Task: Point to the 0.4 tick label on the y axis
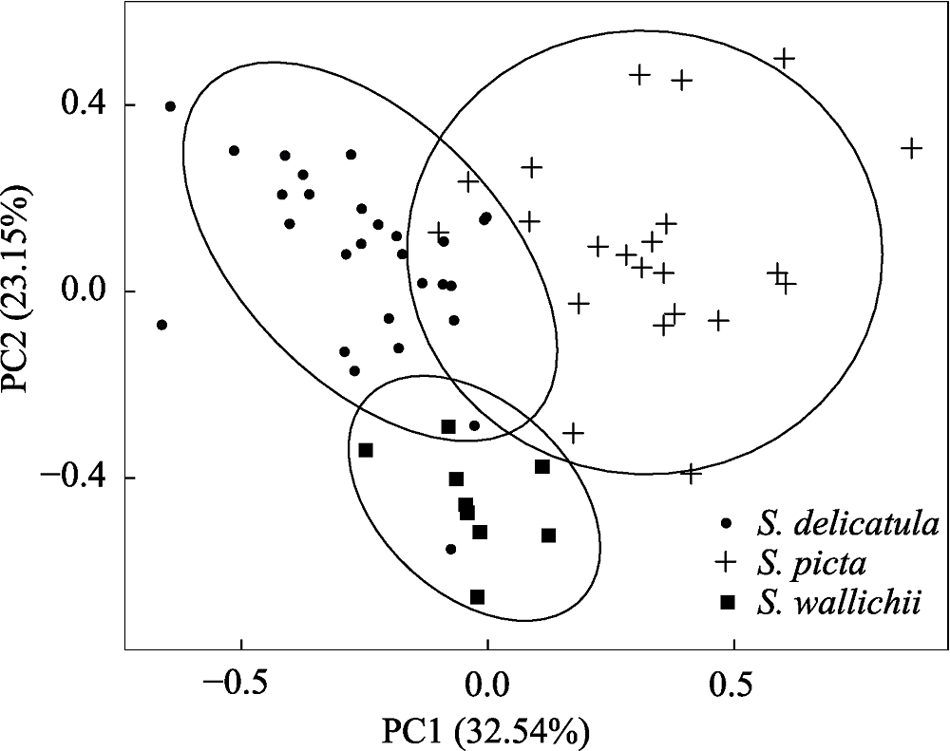pos(84,104)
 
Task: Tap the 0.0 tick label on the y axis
pos(84,291)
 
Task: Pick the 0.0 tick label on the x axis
pos(487,685)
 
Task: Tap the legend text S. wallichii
pos(839,602)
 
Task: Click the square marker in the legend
pos(728,602)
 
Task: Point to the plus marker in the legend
pos(728,562)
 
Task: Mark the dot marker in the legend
pos(728,522)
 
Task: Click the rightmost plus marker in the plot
pos(911,148)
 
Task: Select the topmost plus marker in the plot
pos(784,58)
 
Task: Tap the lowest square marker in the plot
pos(478,597)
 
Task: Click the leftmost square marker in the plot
pos(366,450)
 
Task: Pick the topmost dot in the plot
pos(170,106)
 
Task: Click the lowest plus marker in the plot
pos(691,472)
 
